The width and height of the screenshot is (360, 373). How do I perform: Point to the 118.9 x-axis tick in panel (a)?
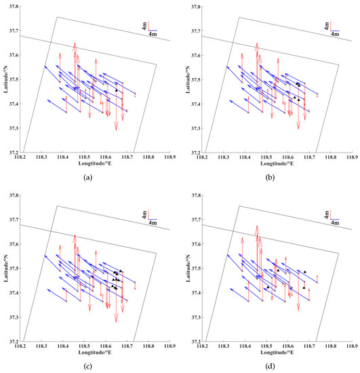[x=169, y=157]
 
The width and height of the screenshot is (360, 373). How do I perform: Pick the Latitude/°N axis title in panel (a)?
[x=4, y=80]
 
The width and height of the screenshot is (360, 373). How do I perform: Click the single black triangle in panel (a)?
[x=117, y=90]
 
